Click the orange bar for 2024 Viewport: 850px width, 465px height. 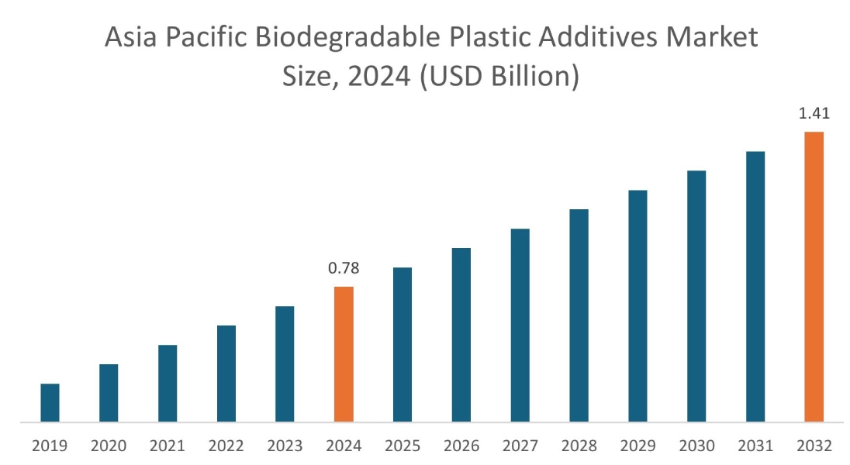pyautogui.click(x=344, y=355)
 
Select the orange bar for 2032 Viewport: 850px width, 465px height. pyautogui.click(x=814, y=277)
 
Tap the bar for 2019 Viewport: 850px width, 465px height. pyautogui.click(x=50, y=403)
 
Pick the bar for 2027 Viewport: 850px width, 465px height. pyautogui.click(x=520, y=325)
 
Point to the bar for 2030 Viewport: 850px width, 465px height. pyautogui.click(x=696, y=297)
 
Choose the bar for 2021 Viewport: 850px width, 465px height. pyautogui.click(x=168, y=384)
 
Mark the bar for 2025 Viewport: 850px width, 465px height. pyautogui.click(x=403, y=345)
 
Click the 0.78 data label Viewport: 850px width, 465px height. pyautogui.click(x=344, y=269)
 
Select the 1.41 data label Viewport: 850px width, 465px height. pyautogui.click(x=814, y=114)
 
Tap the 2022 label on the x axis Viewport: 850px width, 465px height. pyautogui.click(x=226, y=446)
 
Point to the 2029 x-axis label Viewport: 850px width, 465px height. pyautogui.click(x=637, y=446)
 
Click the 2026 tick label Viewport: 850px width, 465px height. pyautogui.click(x=461, y=446)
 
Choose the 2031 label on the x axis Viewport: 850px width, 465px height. pyautogui.click(x=755, y=446)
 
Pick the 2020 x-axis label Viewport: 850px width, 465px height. pyautogui.click(x=109, y=446)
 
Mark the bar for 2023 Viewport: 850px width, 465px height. pyautogui.click(x=285, y=364)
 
